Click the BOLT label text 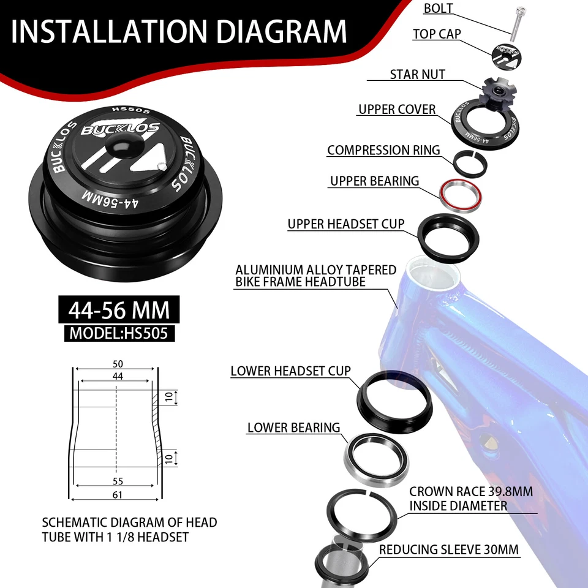point(438,9)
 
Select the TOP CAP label point(437,34)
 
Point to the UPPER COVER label point(397,110)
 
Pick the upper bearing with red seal point(459,193)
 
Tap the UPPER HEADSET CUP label point(346,224)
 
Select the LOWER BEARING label point(293,428)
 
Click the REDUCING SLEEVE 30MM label point(449,549)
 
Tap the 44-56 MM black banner point(119,310)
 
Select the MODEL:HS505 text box point(119,333)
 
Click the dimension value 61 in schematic point(118,494)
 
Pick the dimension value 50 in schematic point(118,364)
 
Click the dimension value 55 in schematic point(118,481)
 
